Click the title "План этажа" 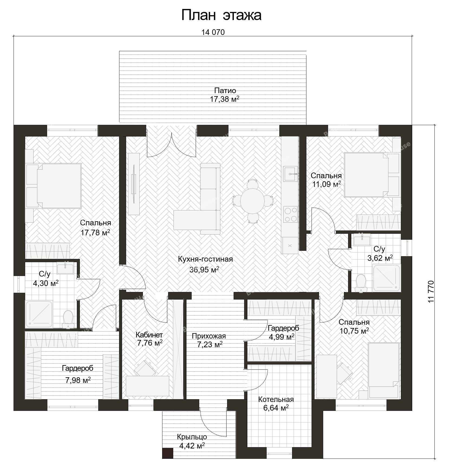(x=221, y=15)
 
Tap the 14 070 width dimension (x=213, y=32)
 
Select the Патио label (x=225, y=90)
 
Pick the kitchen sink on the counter (x=290, y=173)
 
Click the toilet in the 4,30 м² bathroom (x=68, y=319)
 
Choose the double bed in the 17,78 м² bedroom (x=54, y=186)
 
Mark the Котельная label (x=276, y=399)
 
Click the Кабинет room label (x=149, y=335)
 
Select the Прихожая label (x=209, y=336)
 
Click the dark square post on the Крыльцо (x=168, y=453)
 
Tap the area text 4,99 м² (x=282, y=337)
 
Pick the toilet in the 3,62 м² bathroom (x=360, y=283)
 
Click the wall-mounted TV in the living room (x=134, y=184)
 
